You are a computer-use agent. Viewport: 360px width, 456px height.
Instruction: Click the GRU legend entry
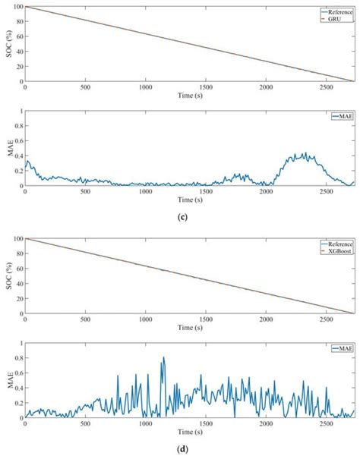click(337, 18)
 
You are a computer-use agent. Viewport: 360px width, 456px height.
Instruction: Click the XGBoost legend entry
click(336, 250)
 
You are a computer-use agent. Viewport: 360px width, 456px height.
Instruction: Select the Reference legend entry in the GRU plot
click(336, 12)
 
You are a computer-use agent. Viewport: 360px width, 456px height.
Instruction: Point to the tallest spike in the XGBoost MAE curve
click(163, 358)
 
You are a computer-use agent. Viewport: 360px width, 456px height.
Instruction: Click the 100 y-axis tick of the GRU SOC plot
click(17, 8)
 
